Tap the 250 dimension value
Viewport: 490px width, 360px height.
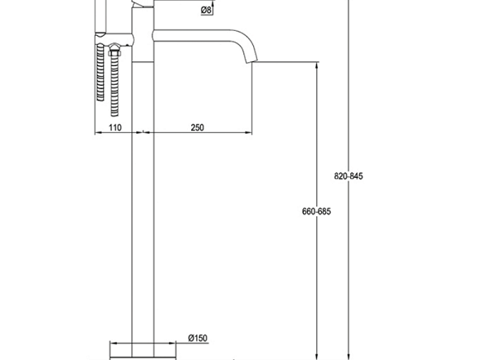tap(198, 127)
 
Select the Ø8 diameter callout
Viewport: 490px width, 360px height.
tap(207, 11)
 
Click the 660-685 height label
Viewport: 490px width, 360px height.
tap(316, 211)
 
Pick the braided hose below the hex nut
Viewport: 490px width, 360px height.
tap(115, 82)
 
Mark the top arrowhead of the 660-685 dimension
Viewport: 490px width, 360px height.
tap(316, 69)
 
